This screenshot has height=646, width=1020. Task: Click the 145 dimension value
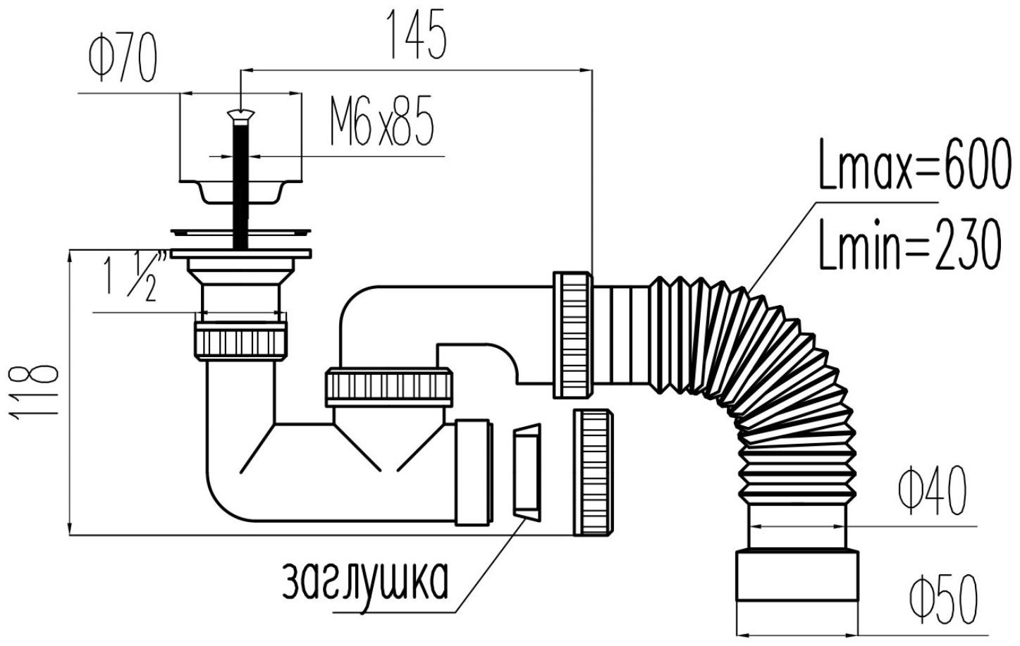(x=416, y=34)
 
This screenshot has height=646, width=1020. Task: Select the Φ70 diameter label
(x=123, y=59)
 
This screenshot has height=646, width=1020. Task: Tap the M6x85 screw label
(x=381, y=121)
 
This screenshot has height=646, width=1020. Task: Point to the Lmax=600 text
(x=914, y=164)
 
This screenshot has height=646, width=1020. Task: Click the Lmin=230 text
(x=910, y=244)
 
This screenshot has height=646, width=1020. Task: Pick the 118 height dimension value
(x=34, y=392)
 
